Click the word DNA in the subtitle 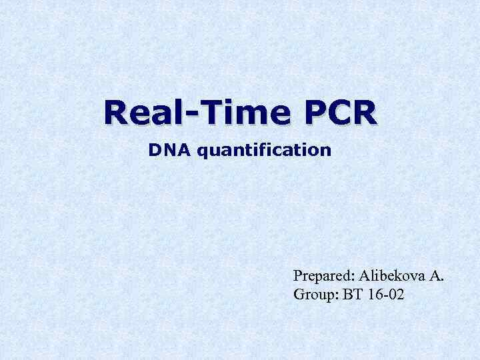point(163,150)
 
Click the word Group point(315,293)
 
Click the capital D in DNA point(154,150)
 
